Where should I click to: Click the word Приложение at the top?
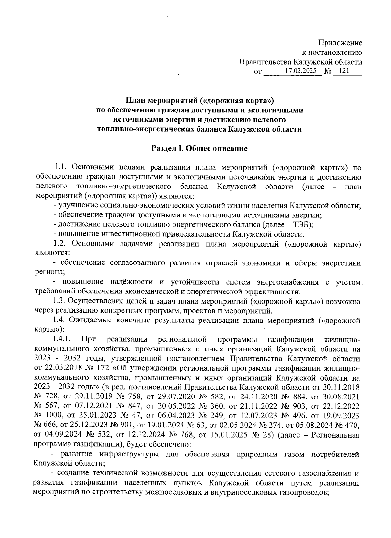tap(340, 43)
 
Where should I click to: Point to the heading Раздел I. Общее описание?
tap(199, 149)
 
